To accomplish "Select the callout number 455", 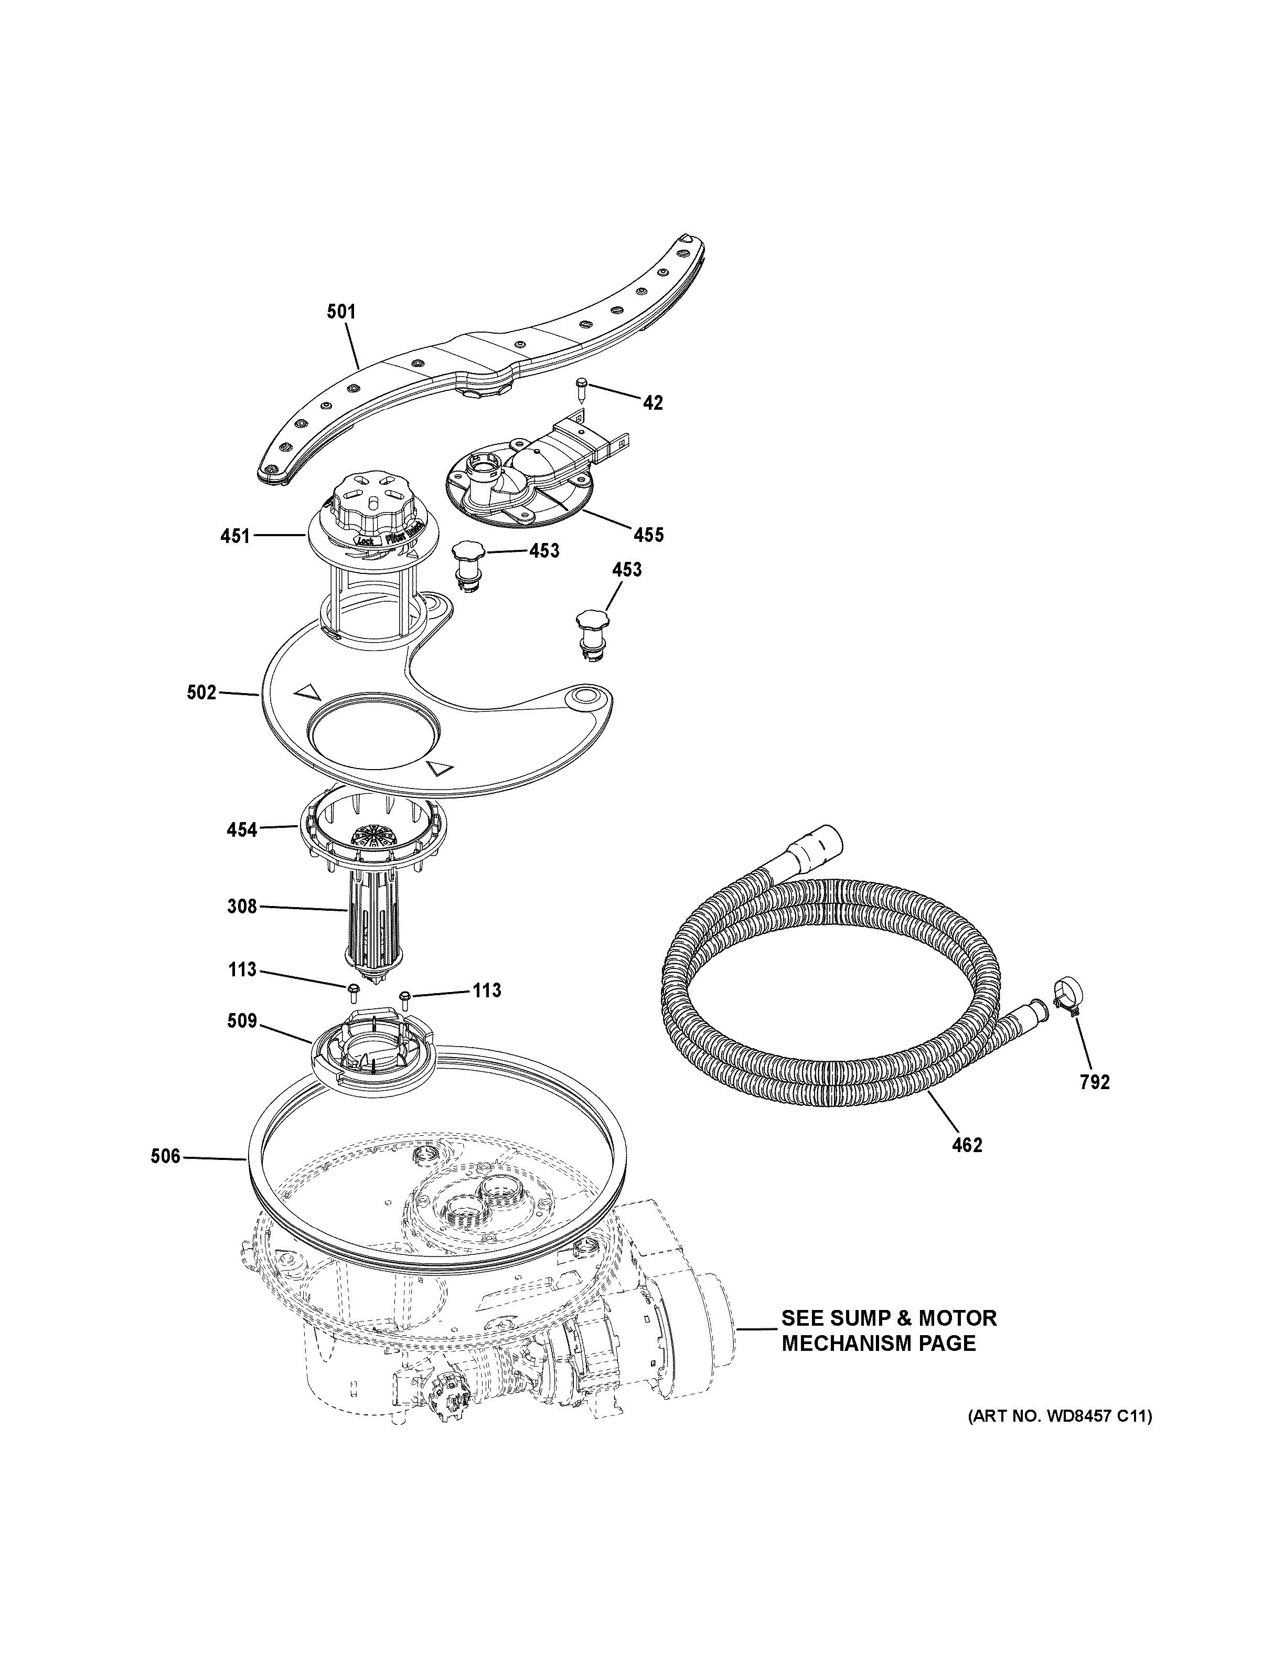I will pyautogui.click(x=649, y=535).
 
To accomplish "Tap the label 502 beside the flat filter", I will pyautogui.click(x=201, y=692).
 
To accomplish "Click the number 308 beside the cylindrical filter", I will pyautogui.click(x=242, y=907).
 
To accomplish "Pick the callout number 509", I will pyautogui.click(x=242, y=1021).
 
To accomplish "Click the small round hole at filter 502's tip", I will pyautogui.click(x=586, y=695).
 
